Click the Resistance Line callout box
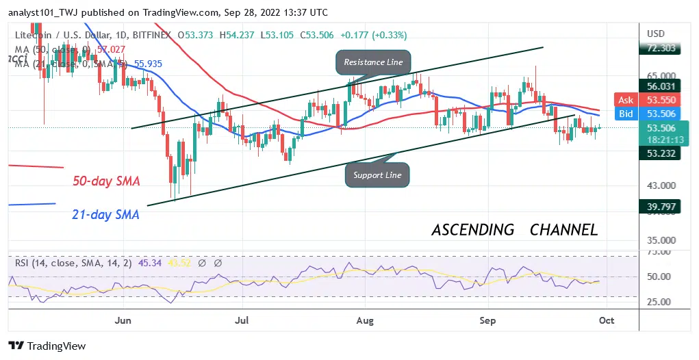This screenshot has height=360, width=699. coord(373,62)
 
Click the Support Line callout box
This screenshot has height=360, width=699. coord(377,175)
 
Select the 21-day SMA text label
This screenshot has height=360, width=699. coord(105,214)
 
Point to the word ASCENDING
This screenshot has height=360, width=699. coord(473,230)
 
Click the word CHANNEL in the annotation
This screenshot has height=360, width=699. coord(563,230)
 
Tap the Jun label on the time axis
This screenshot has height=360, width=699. coord(123,320)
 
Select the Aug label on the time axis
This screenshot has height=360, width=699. coord(365,320)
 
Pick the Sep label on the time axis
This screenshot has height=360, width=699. coord(487,320)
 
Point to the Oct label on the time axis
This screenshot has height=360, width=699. coord(607,320)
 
